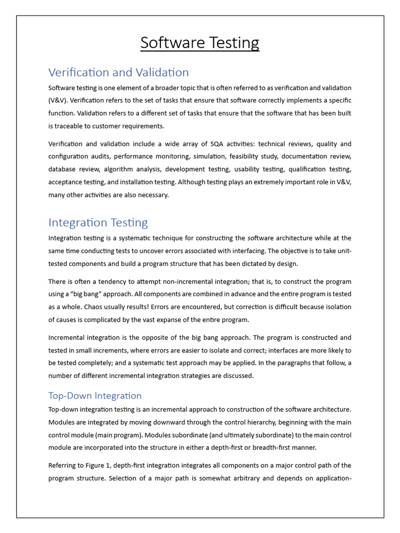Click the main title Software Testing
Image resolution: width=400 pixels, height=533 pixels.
click(x=199, y=43)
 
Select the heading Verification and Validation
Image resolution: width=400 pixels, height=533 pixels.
click(x=118, y=72)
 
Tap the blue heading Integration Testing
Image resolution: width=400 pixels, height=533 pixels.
click(x=98, y=223)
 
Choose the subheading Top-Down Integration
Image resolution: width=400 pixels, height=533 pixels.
click(x=95, y=396)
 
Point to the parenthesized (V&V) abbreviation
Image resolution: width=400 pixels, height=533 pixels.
click(x=58, y=100)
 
